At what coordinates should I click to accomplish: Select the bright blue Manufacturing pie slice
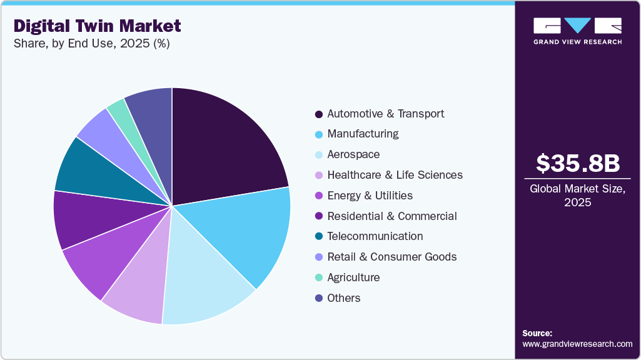pyautogui.click(x=247, y=231)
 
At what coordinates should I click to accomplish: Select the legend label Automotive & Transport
pyautogui.click(x=385, y=114)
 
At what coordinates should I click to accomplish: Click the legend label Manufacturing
pyautogui.click(x=363, y=134)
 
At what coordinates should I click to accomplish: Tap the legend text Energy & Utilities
pyautogui.click(x=370, y=196)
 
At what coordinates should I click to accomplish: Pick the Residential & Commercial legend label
pyautogui.click(x=391, y=216)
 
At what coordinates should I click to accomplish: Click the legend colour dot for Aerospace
pyautogui.click(x=319, y=155)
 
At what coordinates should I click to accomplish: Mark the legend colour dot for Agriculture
pyautogui.click(x=319, y=278)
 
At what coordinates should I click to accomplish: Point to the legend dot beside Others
pyautogui.click(x=319, y=299)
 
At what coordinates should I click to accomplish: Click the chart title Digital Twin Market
pyautogui.click(x=98, y=26)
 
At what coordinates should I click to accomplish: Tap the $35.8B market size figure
pyautogui.click(x=578, y=163)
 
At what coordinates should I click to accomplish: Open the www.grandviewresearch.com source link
pyautogui.click(x=577, y=344)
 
